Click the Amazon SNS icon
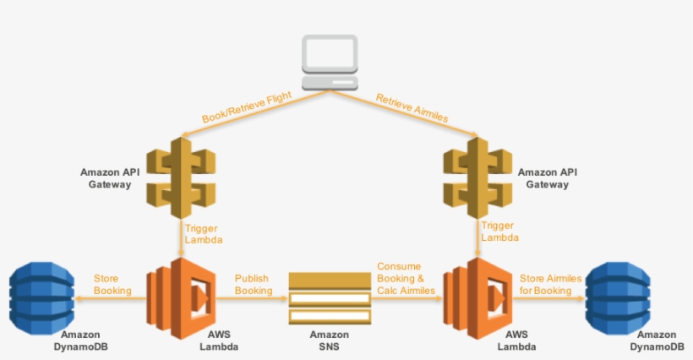(x=329, y=298)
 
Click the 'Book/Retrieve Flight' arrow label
(x=246, y=107)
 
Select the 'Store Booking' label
(x=112, y=284)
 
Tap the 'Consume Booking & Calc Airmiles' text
(x=405, y=278)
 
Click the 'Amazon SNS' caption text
(x=329, y=341)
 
